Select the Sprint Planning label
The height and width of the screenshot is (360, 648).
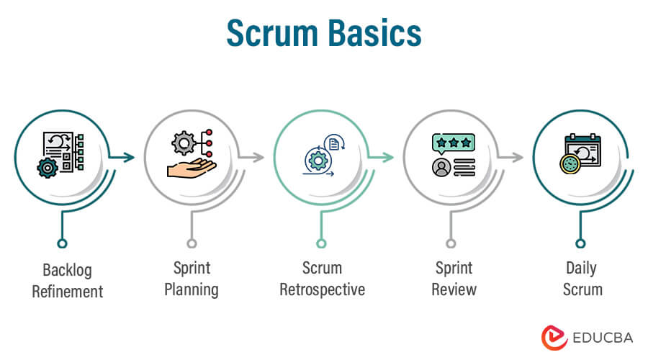[x=192, y=279]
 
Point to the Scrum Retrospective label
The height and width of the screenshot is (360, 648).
[x=321, y=279]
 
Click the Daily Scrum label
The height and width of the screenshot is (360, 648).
[x=580, y=279]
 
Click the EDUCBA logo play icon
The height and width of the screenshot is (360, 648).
[x=552, y=337]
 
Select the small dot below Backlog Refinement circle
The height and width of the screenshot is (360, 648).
[x=62, y=243]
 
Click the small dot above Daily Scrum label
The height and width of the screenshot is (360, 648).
[x=580, y=243]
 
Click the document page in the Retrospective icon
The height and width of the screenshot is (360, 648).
[x=333, y=145]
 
